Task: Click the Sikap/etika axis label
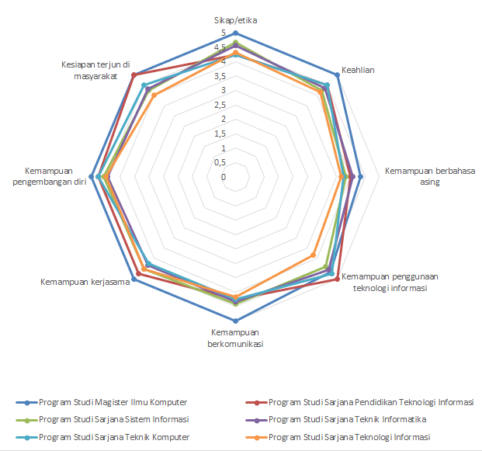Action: tap(235, 19)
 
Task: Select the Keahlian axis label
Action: tap(359, 70)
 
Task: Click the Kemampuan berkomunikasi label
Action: tap(236, 338)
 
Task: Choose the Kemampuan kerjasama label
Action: tap(84, 282)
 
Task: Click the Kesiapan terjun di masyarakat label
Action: tap(95, 70)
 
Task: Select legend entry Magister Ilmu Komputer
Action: tap(112, 402)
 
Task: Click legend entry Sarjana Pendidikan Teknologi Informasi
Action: tap(370, 402)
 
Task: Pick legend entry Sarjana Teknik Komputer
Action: tap(113, 437)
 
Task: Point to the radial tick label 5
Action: tap(224, 33)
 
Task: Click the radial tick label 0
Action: tap(224, 177)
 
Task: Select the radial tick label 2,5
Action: tap(222, 106)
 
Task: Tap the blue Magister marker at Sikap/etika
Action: tap(236, 33)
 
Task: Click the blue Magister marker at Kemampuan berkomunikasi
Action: tap(236, 320)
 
